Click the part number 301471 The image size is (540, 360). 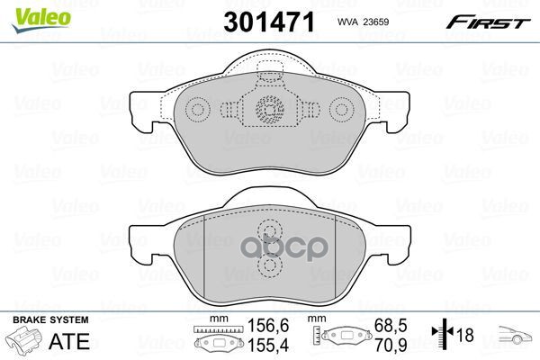point(269,22)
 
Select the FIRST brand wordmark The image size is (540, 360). point(488,22)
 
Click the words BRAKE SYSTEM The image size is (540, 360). point(50,319)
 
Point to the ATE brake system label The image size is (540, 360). point(69,341)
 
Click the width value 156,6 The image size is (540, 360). point(268,326)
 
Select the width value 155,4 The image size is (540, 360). point(268,346)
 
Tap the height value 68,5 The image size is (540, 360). point(391,326)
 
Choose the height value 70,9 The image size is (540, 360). point(391,346)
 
